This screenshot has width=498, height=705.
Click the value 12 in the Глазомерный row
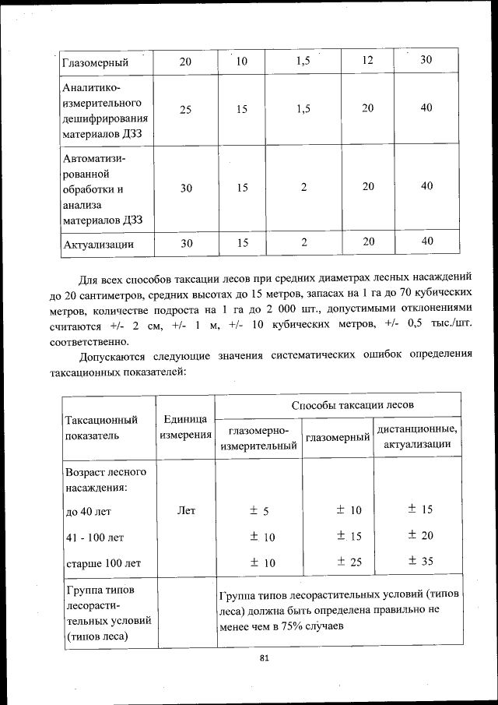tap(367, 61)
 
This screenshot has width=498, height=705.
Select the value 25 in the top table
tap(186, 109)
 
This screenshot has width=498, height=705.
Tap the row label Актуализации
tap(98, 244)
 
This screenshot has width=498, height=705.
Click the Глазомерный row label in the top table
tap(94, 62)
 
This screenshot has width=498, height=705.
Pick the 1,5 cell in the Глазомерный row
tap(303, 61)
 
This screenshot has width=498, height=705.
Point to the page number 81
tap(264, 658)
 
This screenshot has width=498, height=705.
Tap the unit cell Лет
tap(186, 511)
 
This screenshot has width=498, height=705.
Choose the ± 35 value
tap(420, 562)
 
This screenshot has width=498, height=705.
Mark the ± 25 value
tap(349, 562)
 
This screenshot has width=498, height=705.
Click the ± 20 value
tap(420, 536)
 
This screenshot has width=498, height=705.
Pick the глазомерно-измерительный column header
tap(259, 439)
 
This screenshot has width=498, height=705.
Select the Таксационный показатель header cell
tap(102, 427)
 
